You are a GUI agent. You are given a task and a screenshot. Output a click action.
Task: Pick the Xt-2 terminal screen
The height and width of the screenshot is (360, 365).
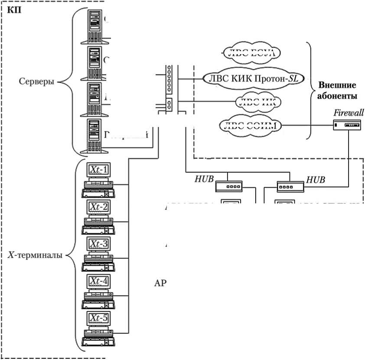click(98, 207)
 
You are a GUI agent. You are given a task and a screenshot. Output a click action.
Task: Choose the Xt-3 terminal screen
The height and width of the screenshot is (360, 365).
click(98, 244)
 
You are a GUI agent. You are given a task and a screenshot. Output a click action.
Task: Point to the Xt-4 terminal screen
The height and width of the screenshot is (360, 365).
click(98, 281)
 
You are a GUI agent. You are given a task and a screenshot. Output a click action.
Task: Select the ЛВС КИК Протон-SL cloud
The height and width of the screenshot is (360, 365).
click(253, 78)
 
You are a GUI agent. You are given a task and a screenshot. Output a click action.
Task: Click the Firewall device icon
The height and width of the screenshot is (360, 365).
click(346, 126)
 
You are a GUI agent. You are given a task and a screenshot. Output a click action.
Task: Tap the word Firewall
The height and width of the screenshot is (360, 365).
click(348, 113)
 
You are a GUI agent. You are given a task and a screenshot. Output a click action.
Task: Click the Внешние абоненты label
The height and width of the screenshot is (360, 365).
click(337, 90)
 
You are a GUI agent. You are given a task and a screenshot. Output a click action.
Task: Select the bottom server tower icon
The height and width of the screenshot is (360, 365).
click(95, 135)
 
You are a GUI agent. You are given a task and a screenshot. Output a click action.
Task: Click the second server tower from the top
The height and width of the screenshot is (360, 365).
click(95, 61)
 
